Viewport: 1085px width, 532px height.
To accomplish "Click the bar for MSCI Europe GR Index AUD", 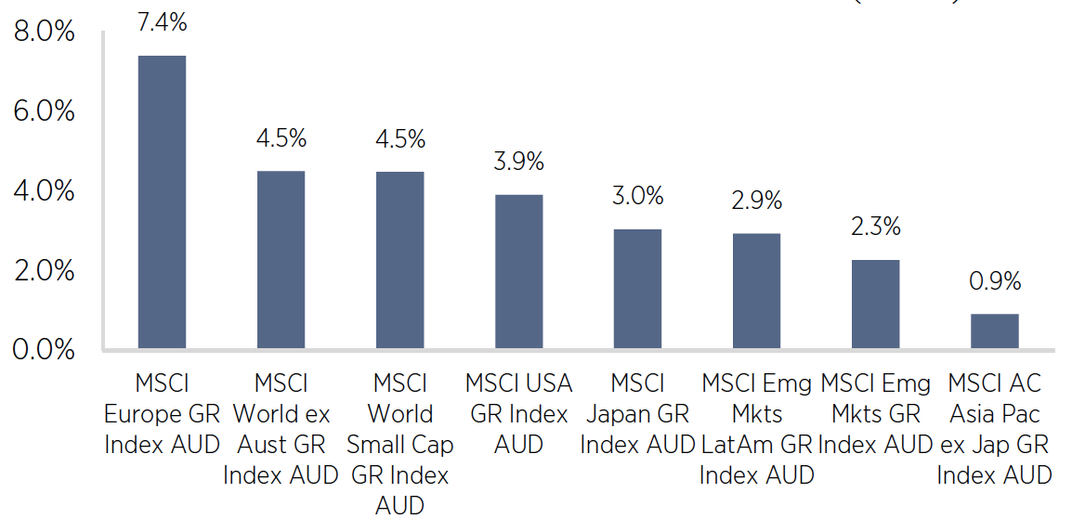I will pos(162,202).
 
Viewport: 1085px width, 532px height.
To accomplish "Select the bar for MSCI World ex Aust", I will pos(281,260).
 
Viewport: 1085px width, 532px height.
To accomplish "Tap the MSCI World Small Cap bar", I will pos(399,260).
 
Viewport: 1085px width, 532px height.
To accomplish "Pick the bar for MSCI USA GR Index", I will pos(518,272).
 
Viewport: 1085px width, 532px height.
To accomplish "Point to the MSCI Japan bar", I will pos(637,289).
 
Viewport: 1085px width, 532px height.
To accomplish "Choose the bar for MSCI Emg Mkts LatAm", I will pos(756,292).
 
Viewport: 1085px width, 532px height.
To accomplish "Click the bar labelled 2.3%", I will pos(875,305).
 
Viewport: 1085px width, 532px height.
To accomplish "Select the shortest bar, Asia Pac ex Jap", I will pos(994,331).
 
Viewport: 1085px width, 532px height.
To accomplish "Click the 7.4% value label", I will pos(162,22).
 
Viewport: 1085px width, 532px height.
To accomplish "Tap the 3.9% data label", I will pos(518,161).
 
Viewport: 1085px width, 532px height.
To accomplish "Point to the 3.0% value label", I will pos(637,196).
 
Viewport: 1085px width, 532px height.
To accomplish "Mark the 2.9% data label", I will pos(756,199).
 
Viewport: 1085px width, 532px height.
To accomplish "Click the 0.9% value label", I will pos(995,280).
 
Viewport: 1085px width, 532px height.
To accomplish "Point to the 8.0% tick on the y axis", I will pos(44,32).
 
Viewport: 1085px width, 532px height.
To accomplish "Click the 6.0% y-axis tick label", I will pos(44,111).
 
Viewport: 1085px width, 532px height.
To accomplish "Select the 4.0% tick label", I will pos(44,191).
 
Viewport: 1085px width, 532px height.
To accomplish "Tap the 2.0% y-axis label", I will pos(44,271).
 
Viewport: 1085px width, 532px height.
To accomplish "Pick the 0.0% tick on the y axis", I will pos(44,350).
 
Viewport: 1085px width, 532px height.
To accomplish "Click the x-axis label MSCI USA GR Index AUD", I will pos(518,413).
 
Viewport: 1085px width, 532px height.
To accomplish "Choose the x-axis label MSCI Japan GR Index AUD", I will pos(637,413).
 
